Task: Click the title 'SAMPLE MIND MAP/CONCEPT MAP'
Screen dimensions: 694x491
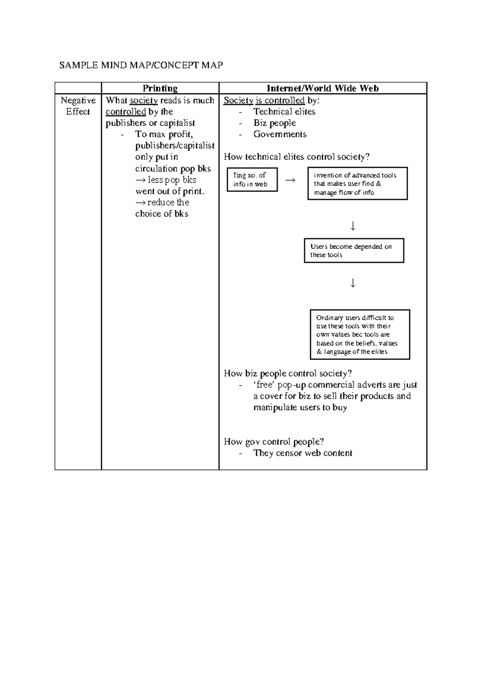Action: (x=141, y=65)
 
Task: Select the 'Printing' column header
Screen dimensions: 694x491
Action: (x=160, y=88)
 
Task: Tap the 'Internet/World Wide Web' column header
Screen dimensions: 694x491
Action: (x=322, y=88)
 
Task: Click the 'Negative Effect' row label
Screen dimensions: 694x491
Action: (x=78, y=106)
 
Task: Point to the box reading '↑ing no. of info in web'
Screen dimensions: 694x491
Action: (x=252, y=180)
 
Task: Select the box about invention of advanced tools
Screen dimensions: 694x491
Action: (x=357, y=184)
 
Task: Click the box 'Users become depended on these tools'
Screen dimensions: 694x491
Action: (x=354, y=250)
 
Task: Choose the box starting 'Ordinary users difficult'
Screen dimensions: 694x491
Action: (x=360, y=334)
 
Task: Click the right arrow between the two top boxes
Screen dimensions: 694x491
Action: (x=290, y=180)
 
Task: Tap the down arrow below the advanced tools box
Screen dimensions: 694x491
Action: (x=353, y=226)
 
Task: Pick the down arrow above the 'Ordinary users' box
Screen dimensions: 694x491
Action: (x=353, y=283)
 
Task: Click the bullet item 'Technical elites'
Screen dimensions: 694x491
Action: (x=284, y=112)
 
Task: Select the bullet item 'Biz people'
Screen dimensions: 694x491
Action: (x=275, y=123)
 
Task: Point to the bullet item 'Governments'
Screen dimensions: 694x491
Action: (x=280, y=134)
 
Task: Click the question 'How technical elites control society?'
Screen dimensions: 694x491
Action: (x=297, y=157)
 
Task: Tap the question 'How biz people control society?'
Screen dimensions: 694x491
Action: (x=288, y=373)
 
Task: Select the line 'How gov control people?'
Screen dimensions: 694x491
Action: (x=274, y=442)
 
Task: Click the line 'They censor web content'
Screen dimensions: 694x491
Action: (x=303, y=453)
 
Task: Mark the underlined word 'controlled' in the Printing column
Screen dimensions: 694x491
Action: (x=126, y=112)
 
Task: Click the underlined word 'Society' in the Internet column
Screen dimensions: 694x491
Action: (x=238, y=101)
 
